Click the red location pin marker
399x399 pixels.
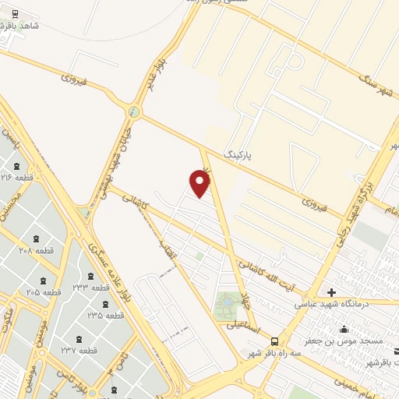[x=200, y=183]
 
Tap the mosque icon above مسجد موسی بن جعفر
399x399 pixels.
[x=344, y=328]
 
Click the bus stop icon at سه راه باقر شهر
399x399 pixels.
[x=274, y=341]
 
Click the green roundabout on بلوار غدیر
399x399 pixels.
[x=135, y=113]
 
